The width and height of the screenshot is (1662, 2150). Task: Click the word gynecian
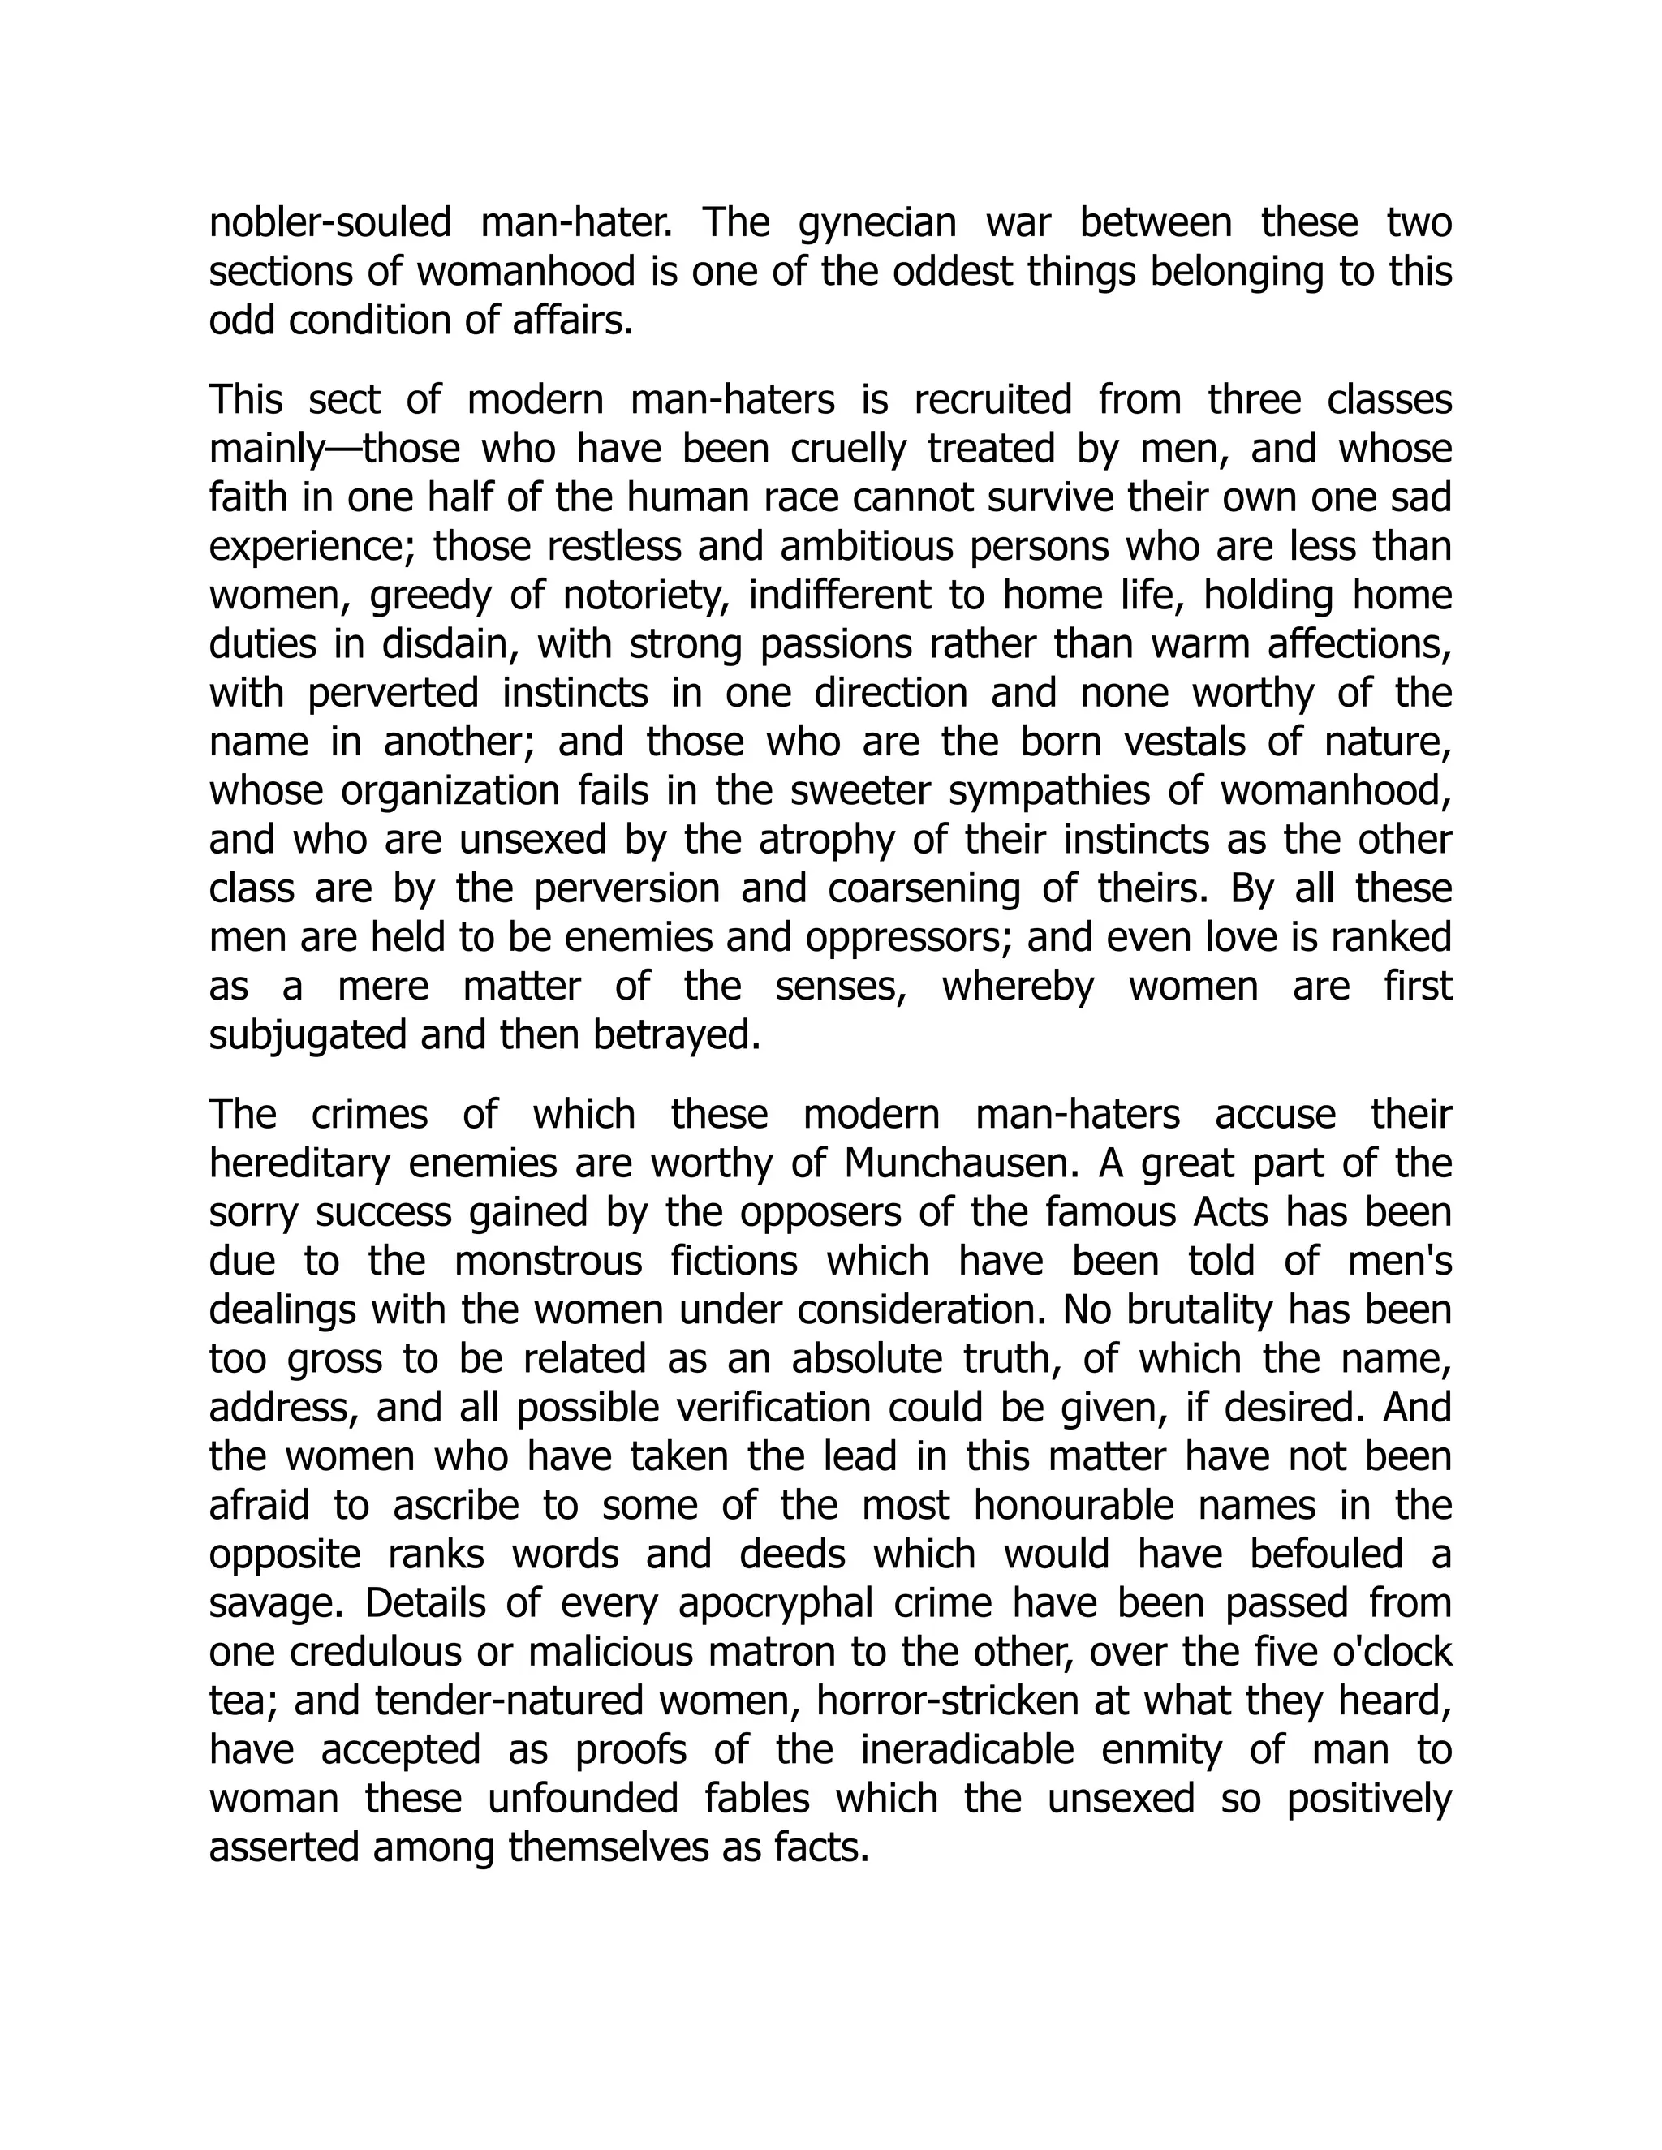[876, 223]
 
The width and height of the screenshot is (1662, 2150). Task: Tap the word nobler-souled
[329, 223]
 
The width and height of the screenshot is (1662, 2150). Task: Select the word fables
[756, 1799]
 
